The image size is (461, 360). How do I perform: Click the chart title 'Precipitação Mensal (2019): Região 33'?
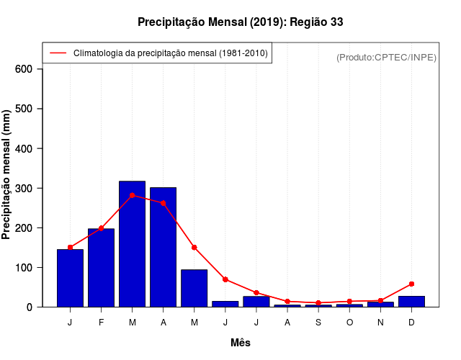tap(240, 22)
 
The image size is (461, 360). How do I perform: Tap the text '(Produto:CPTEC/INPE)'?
tap(386, 57)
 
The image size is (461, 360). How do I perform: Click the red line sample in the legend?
tap(58, 53)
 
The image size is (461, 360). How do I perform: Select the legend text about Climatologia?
tap(170, 53)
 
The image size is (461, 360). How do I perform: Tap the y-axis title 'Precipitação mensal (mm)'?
tap(7, 174)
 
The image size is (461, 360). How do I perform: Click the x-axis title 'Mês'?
tap(241, 343)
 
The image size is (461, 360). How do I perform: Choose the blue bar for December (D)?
tap(411, 302)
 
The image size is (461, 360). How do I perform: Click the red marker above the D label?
tap(411, 284)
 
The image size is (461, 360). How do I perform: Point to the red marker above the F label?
tap(102, 228)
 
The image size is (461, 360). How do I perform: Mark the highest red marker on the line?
tap(133, 195)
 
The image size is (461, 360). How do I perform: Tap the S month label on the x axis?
tap(318, 322)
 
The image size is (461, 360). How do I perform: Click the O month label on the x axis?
tap(349, 322)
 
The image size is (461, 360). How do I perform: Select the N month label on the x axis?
tap(380, 322)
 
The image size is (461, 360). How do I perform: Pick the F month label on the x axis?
tap(102, 322)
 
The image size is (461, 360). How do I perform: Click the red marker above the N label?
tap(380, 300)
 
